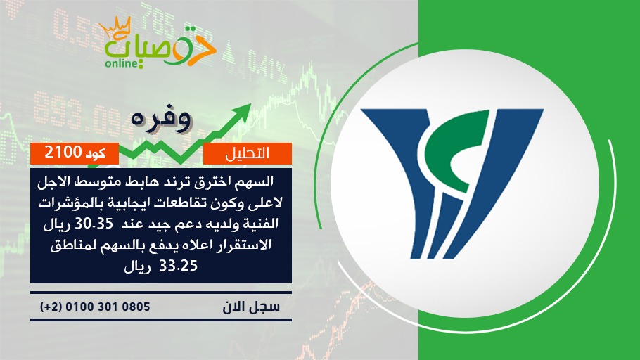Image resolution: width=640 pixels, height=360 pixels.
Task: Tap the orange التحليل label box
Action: [248, 153]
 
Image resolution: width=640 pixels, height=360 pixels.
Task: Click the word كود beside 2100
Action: [96, 153]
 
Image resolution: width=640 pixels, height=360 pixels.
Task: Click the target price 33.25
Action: [178, 266]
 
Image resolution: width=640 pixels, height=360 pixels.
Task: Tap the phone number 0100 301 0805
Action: [108, 307]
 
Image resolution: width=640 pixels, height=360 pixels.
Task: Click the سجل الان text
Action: [251, 307]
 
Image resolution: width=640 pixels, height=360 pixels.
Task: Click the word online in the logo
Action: [120, 64]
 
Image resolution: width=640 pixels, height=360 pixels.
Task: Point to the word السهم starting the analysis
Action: [258, 181]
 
